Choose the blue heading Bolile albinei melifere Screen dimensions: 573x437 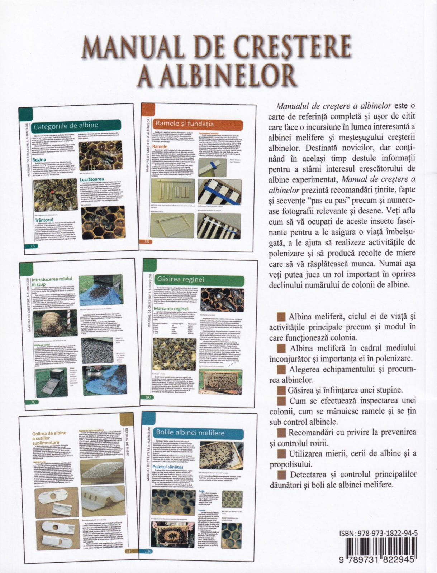point(190,432)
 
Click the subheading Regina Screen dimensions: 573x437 point(39,160)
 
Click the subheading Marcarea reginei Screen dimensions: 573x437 point(171,308)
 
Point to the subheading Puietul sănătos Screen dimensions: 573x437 point(168,467)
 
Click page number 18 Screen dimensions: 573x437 point(33,246)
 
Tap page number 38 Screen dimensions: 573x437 point(146,242)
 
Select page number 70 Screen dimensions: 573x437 point(33,402)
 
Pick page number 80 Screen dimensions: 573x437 point(148,397)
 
